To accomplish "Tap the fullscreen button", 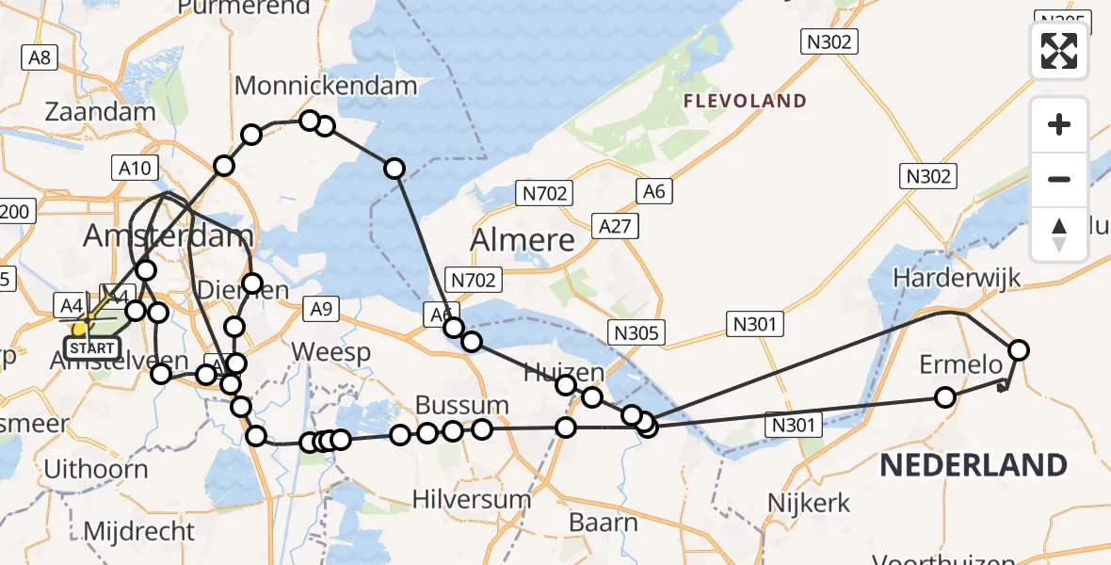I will click(x=1059, y=51).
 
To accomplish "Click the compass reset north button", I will click(x=1059, y=234).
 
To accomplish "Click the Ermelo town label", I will click(x=956, y=365).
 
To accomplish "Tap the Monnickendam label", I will click(x=326, y=86).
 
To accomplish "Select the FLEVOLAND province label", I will click(x=745, y=101).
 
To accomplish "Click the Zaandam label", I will click(x=100, y=112).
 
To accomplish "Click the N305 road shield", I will click(x=637, y=332).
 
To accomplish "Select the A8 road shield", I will click(x=39, y=57).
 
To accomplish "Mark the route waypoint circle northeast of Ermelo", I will click(x=1018, y=350).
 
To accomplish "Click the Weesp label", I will click(x=330, y=352).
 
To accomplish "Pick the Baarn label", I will click(x=604, y=522).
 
